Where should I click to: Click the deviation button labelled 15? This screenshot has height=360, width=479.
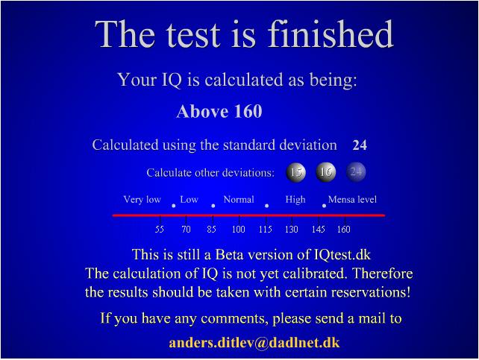point(295,172)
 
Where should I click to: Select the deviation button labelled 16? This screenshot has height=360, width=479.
point(325,172)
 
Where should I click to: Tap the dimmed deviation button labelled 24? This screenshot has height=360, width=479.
point(356,172)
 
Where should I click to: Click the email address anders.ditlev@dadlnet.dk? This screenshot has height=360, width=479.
point(254,343)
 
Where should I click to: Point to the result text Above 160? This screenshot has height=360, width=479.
point(219,111)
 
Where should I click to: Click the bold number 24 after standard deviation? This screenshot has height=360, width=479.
point(360,145)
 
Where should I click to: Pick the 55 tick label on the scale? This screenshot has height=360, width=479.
point(160,229)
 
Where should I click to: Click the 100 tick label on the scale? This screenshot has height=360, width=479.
point(238,229)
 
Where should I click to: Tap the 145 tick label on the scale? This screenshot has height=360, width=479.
point(318,229)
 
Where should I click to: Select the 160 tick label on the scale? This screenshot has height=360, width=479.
point(343,229)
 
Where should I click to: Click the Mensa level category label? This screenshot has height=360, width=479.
point(352,200)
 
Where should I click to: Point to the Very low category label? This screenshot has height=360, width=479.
point(142,200)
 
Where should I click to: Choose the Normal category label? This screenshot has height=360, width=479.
point(239,200)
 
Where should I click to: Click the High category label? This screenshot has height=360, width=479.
point(295,200)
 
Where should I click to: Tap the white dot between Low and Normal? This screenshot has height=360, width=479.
point(213,206)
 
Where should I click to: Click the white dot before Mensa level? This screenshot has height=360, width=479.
point(324,206)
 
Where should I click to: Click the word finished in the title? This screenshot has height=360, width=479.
point(331,34)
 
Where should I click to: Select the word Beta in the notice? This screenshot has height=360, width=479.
point(229,254)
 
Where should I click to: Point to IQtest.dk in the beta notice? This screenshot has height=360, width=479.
point(342,254)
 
